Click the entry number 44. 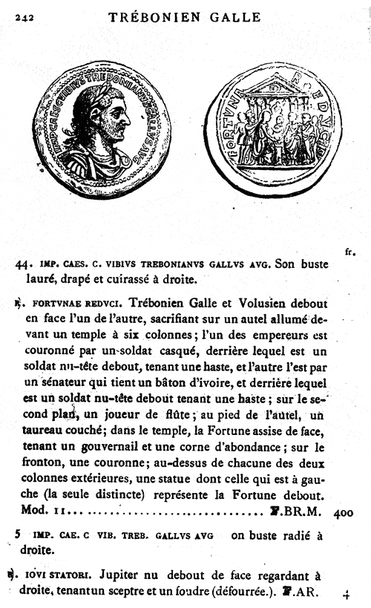(23, 263)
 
